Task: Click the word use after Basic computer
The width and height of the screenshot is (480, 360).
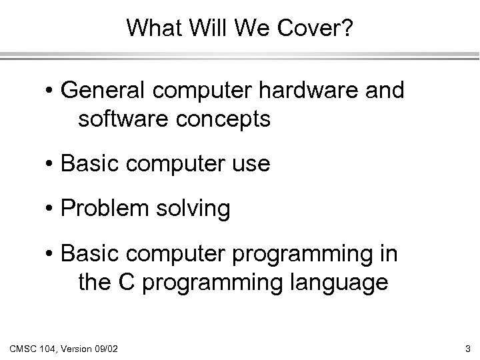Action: pos(249,164)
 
